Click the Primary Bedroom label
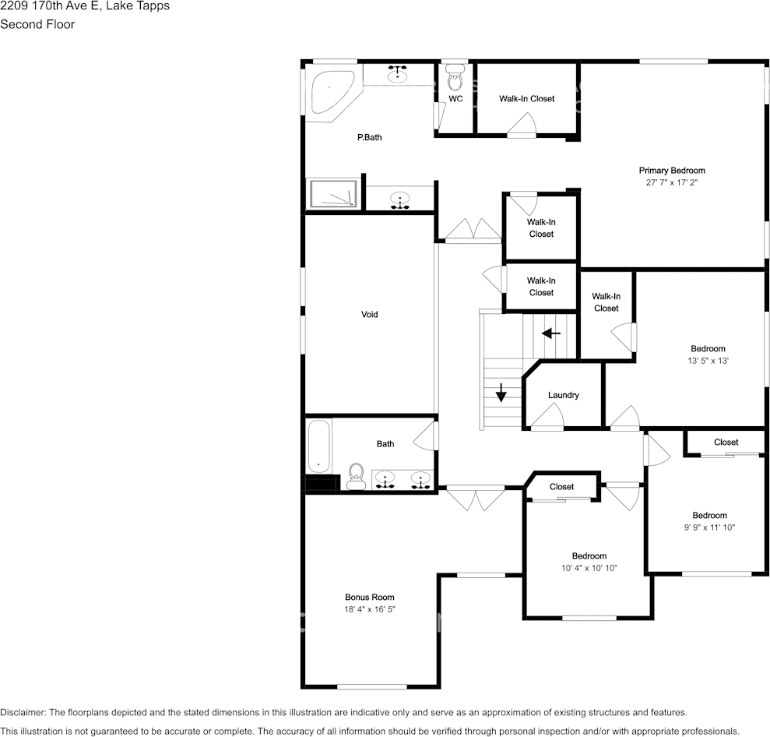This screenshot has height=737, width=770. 672,171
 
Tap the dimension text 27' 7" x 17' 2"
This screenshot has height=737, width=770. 672,183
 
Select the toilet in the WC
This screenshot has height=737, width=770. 455,78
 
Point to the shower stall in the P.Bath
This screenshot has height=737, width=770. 333,193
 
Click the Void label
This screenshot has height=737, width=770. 369,315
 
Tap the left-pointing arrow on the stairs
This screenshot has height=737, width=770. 551,333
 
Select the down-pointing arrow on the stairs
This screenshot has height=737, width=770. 501,392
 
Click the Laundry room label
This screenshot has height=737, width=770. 563,395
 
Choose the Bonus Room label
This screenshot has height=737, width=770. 369,598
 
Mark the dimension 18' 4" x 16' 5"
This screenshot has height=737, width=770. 369,609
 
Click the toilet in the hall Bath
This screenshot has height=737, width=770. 356,477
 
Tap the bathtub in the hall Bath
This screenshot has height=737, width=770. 318,446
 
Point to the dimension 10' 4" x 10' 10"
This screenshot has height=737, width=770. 589,568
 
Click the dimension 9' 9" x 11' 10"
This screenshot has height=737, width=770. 709,527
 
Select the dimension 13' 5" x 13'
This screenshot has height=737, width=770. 708,361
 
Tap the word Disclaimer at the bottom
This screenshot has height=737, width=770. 23,712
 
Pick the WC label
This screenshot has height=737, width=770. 455,99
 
